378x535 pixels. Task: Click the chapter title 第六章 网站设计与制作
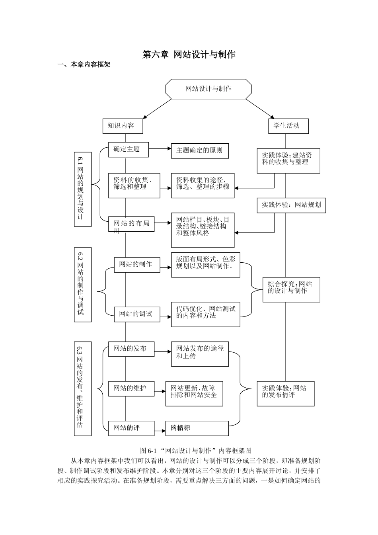(x=189, y=55)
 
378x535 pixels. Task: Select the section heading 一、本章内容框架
(x=84, y=65)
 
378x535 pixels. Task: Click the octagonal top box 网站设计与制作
(x=208, y=88)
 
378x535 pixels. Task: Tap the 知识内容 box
(x=122, y=126)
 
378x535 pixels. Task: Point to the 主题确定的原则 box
(x=200, y=151)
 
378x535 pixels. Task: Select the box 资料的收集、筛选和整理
(x=134, y=185)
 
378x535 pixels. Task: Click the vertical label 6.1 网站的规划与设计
(x=82, y=189)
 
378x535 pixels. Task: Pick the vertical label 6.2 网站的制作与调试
(x=82, y=284)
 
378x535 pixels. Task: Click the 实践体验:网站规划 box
(x=291, y=205)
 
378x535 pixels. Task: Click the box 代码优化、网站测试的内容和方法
(x=205, y=314)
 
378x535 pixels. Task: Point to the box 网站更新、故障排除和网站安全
(x=194, y=393)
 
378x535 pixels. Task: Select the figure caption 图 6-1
(x=196, y=451)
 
